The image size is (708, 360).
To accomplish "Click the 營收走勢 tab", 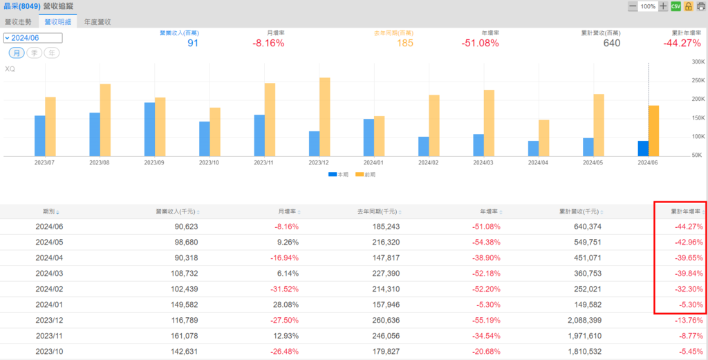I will [18, 21].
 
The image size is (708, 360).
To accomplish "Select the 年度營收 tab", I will [97, 21].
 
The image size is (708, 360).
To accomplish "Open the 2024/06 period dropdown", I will [32, 38].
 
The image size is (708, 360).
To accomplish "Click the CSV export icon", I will [676, 6].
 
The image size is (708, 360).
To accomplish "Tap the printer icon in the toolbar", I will [700, 6].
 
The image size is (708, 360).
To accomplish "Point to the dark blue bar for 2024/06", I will [643, 149].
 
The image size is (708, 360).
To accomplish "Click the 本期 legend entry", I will [338, 175].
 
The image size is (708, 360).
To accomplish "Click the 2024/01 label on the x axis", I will [374, 163].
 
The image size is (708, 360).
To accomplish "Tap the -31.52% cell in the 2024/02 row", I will [286, 288].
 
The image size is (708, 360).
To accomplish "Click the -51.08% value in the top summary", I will [480, 43].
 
